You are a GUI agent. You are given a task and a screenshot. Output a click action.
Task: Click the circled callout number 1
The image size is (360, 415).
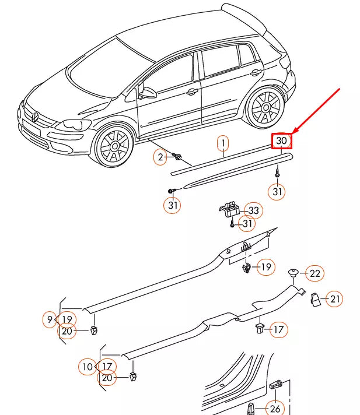click(x=223, y=143)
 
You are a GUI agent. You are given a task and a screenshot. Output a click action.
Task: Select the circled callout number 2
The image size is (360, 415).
click(x=160, y=156)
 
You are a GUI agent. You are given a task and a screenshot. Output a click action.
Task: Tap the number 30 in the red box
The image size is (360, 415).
click(x=282, y=140)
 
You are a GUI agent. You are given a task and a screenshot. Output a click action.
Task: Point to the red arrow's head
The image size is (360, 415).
click(x=293, y=132)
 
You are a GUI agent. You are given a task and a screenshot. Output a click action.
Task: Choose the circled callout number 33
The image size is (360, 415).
click(x=253, y=210)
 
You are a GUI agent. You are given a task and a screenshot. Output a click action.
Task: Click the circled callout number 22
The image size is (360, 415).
click(x=314, y=273)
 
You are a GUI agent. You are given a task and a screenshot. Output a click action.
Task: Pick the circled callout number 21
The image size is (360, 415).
click(x=334, y=299)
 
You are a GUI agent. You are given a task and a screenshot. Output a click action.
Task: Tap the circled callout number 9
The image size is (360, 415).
click(x=51, y=319)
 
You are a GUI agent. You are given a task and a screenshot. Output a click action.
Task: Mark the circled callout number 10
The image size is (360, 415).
click(x=88, y=367)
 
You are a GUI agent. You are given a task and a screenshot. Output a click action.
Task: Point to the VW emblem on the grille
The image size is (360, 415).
click(x=35, y=117)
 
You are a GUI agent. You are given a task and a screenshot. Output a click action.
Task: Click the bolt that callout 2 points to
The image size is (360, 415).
click(x=177, y=156)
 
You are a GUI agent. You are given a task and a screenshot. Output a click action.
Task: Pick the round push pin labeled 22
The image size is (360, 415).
click(x=293, y=272)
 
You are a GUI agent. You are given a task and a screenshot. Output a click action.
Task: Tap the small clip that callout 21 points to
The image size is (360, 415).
click(x=315, y=299)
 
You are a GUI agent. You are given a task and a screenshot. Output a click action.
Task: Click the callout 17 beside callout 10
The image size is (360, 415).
click(x=107, y=366)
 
